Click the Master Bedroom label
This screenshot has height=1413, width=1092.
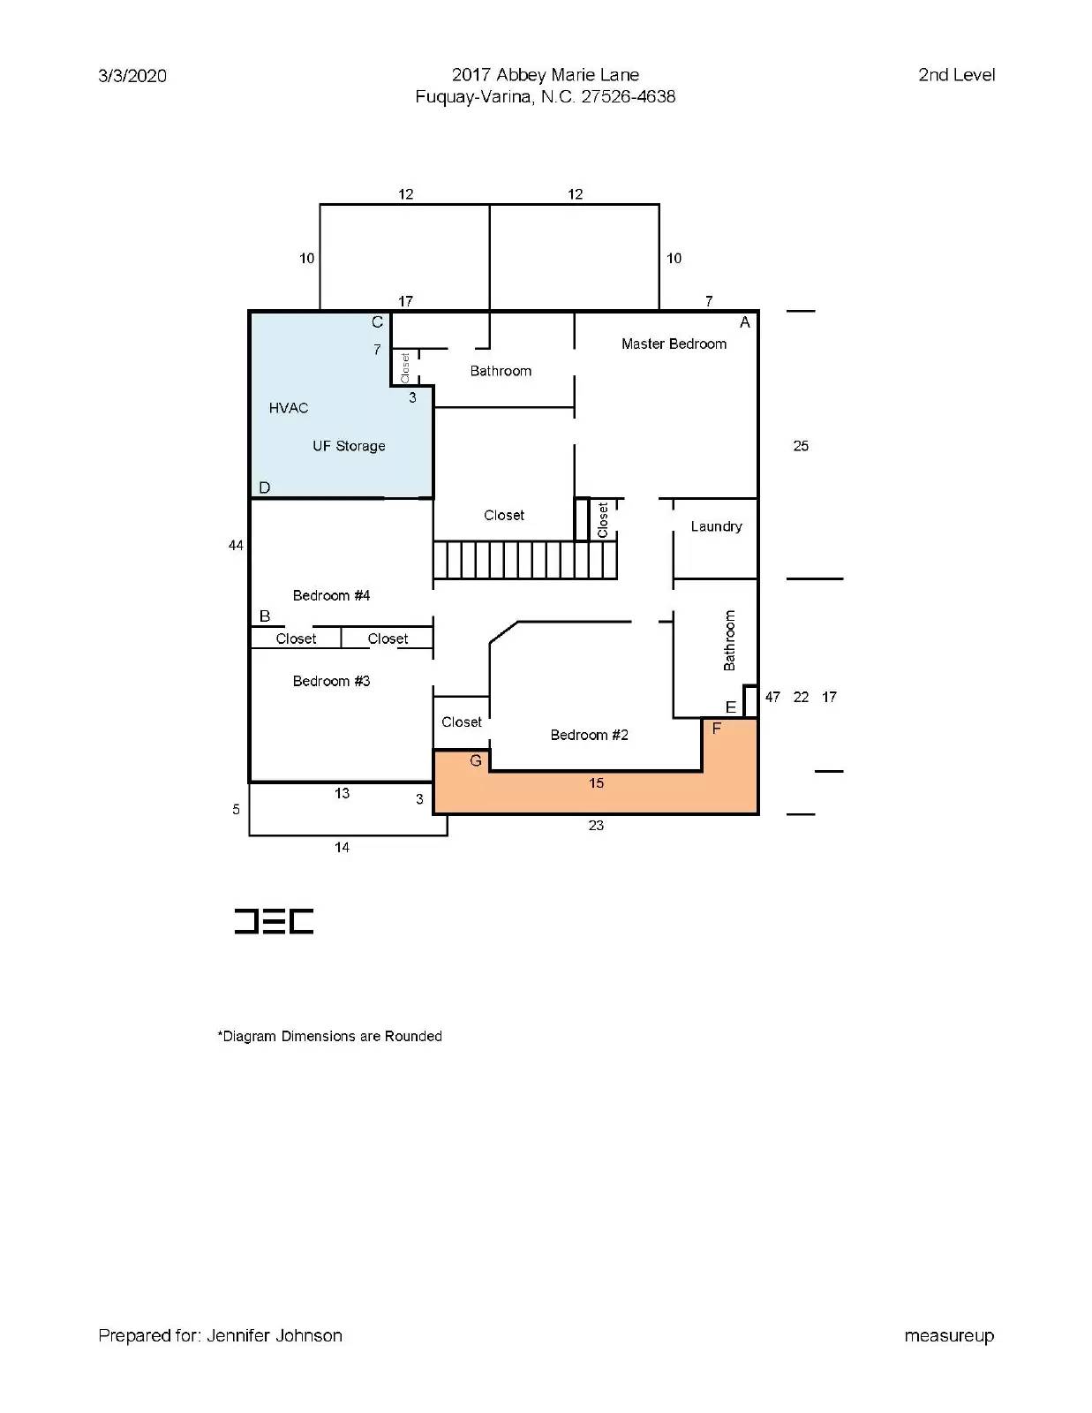pyautogui.click(x=674, y=344)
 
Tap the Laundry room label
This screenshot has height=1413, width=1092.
pyautogui.click(x=716, y=526)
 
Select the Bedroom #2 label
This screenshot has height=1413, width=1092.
pyautogui.click(x=589, y=735)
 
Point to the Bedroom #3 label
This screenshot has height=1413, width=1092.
pyautogui.click(x=331, y=681)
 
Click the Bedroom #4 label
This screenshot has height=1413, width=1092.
pyautogui.click(x=331, y=595)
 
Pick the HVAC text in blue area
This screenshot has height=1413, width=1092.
pyautogui.click(x=289, y=408)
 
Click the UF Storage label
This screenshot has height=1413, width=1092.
pyautogui.click(x=349, y=446)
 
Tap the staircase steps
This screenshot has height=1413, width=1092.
pyautogui.click(x=524, y=560)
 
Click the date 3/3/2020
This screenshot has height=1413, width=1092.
pyautogui.click(x=132, y=76)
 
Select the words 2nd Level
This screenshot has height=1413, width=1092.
pyautogui.click(x=956, y=75)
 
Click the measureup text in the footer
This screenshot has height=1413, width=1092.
pyautogui.click(x=949, y=1335)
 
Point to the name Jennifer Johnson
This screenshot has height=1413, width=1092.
pyautogui.click(x=275, y=1335)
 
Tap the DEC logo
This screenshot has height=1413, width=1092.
pyautogui.click(x=274, y=921)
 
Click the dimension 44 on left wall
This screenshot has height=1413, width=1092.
pyautogui.click(x=236, y=546)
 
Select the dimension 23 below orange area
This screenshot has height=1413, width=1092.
pyautogui.click(x=596, y=826)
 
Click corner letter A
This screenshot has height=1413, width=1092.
pyautogui.click(x=744, y=322)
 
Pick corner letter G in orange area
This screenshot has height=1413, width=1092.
pyautogui.click(x=476, y=760)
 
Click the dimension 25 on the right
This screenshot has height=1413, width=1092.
pyautogui.click(x=801, y=446)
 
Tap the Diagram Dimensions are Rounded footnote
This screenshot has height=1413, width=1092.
pyautogui.click(x=330, y=1036)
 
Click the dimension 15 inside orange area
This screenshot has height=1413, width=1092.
pyautogui.click(x=596, y=783)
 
